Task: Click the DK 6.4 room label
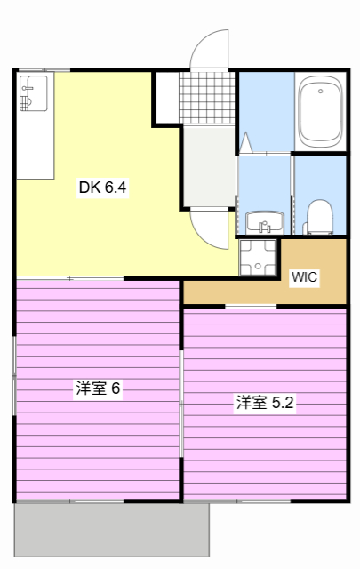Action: [x=103, y=188]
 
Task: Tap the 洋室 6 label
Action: [x=98, y=389]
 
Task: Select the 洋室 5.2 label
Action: [x=265, y=402]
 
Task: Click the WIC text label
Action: [x=305, y=276]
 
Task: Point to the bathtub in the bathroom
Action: [x=320, y=112]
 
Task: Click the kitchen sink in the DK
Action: [x=32, y=92]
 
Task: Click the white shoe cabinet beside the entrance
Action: [x=166, y=97]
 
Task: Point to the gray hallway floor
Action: [x=208, y=164]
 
